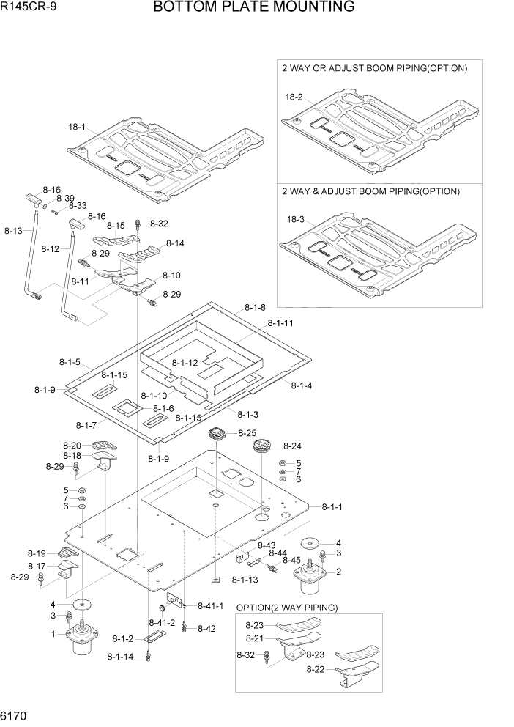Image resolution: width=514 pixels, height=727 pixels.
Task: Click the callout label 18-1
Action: [x=77, y=127]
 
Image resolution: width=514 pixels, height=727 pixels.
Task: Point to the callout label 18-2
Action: [x=294, y=97]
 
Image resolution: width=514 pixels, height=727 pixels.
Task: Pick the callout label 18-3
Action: [x=294, y=219]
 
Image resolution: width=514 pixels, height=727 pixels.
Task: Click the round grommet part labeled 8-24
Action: [x=263, y=446]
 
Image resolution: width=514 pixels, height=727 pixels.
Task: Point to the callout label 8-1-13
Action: [x=245, y=580]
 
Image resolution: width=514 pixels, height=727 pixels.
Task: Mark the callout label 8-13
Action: [x=13, y=231]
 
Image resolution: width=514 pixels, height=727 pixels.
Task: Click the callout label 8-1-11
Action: [x=280, y=322]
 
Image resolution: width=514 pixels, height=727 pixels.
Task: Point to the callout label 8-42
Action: [x=206, y=628]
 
